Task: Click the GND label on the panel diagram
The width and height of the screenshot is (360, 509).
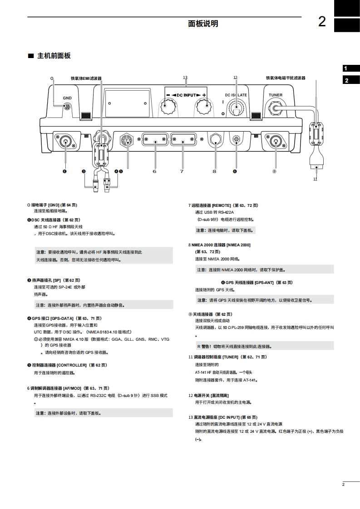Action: pos(67,98)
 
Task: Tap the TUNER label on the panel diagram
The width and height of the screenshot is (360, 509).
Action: pos(275,95)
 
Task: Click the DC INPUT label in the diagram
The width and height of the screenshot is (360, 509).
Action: pos(186,95)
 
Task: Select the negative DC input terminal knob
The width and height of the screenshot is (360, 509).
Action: pos(168,108)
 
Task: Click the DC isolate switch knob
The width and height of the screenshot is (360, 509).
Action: pos(235,109)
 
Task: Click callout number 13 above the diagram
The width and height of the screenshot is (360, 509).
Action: pos(185,78)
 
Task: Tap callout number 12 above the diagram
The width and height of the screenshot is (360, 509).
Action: pos(235,78)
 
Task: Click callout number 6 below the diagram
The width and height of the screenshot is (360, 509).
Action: pos(154,171)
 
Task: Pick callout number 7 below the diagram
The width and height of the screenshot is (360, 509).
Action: pos(182,171)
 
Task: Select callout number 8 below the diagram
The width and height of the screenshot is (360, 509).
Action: pos(214,171)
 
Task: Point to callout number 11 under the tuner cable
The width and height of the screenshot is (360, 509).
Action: pos(315,179)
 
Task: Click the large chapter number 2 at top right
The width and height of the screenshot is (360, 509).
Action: pos(322,21)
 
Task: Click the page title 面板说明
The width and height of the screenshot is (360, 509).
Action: pos(203,24)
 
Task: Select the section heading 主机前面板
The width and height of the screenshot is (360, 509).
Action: pos(54,56)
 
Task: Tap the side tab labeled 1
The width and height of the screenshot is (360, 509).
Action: pos(346,69)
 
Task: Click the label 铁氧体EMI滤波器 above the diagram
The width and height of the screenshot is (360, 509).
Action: pos(86,78)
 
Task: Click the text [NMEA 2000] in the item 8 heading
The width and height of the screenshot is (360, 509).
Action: pos(238,245)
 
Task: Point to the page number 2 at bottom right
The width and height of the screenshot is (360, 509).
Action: pos(344,485)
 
